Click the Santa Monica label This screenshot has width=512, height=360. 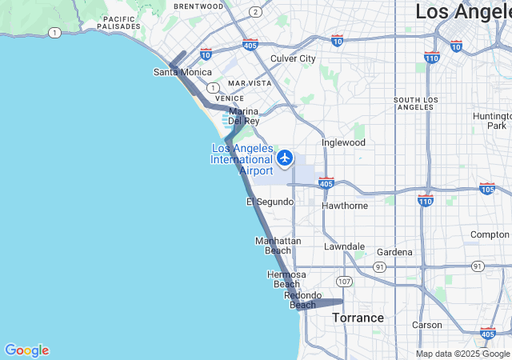182,72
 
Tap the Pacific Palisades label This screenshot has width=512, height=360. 120,22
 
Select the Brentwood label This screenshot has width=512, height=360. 198,6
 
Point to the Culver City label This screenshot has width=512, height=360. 293,58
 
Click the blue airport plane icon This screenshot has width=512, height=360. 284,158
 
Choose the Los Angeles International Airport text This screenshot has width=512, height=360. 242,159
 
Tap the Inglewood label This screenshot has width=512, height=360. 343,142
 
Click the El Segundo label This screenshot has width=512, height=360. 270,202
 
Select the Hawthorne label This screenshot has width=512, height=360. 345,206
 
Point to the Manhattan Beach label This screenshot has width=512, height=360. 278,246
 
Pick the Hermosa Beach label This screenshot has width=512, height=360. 286,279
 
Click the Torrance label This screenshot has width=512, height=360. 358,318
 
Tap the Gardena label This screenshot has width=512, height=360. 394,252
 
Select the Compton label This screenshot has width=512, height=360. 490,234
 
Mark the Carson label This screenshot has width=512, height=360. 426,325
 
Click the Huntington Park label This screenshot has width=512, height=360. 492,121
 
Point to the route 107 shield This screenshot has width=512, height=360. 344,282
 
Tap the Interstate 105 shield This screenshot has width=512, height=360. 486,189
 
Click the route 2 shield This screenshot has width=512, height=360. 254,11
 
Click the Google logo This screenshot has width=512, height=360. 26,350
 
